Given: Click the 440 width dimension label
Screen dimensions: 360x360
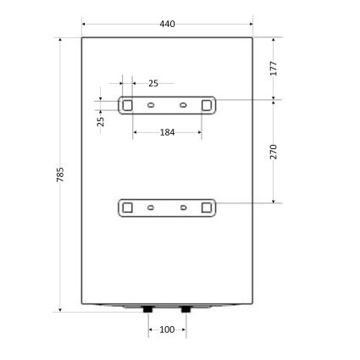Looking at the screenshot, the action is click(x=167, y=24).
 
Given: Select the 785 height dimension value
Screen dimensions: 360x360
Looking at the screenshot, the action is click(x=60, y=174).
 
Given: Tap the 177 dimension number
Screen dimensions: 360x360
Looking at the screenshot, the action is click(x=274, y=68).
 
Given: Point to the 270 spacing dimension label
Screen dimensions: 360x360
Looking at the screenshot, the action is click(x=274, y=152).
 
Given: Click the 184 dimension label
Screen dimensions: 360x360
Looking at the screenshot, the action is click(x=167, y=132).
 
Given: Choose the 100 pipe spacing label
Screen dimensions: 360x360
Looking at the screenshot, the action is click(x=167, y=330).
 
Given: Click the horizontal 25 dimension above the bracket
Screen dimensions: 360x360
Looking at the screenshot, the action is click(x=153, y=84).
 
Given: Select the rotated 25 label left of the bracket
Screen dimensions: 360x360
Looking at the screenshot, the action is click(x=101, y=121).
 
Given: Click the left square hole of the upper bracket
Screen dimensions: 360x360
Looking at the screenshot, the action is click(x=127, y=105).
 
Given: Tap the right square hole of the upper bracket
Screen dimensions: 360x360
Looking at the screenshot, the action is click(x=207, y=105).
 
